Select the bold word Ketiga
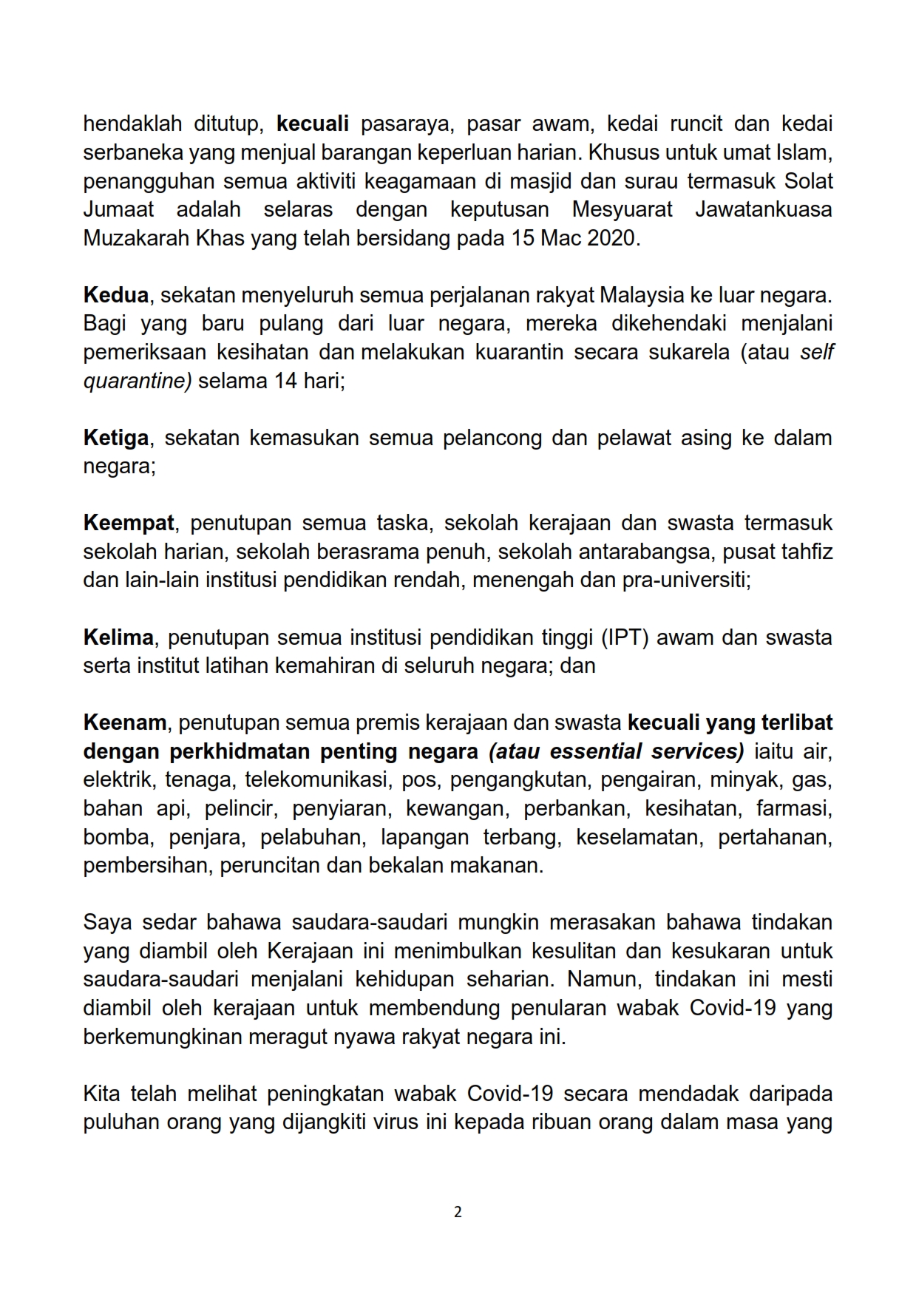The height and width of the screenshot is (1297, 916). coord(117,438)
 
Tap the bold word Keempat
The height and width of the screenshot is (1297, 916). coord(129,524)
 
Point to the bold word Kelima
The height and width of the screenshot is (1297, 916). coord(118,637)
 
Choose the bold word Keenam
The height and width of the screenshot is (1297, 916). coord(125,722)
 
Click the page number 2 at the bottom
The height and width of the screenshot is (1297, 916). coord(458,1212)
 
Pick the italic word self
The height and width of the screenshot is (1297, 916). coord(817,352)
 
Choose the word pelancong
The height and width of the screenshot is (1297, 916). coord(491,438)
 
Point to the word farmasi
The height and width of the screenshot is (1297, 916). coord(794,808)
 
